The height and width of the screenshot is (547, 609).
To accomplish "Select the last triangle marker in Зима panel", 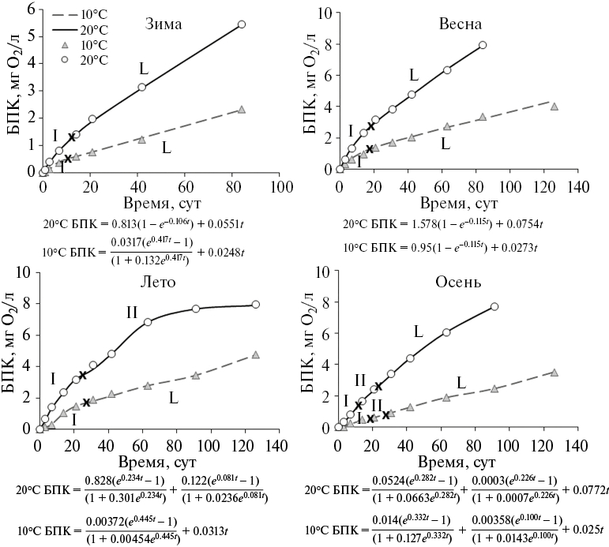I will tap(242, 110).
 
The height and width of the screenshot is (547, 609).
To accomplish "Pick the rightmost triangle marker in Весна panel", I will tap(554, 107).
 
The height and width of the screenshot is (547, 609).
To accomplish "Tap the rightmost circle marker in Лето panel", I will tap(255, 305).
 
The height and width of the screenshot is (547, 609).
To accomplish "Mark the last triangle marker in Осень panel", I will tap(554, 373).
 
